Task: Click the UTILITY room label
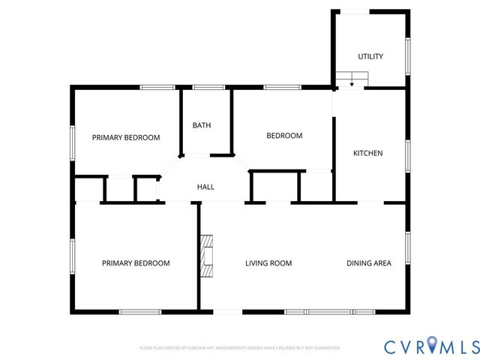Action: tap(370, 56)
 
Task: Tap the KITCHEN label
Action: tap(368, 153)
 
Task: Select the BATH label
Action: tap(201, 125)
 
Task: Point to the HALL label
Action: tap(205, 186)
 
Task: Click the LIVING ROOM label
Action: tap(268, 263)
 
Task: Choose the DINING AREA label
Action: tap(368, 263)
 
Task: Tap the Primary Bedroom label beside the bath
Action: tap(126, 137)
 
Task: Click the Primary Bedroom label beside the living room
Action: tap(136, 263)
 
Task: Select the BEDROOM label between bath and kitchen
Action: tap(284, 136)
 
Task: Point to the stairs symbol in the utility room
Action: tap(352, 78)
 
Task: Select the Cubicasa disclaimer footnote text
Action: tap(240, 348)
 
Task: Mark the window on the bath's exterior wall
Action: tap(204, 88)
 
